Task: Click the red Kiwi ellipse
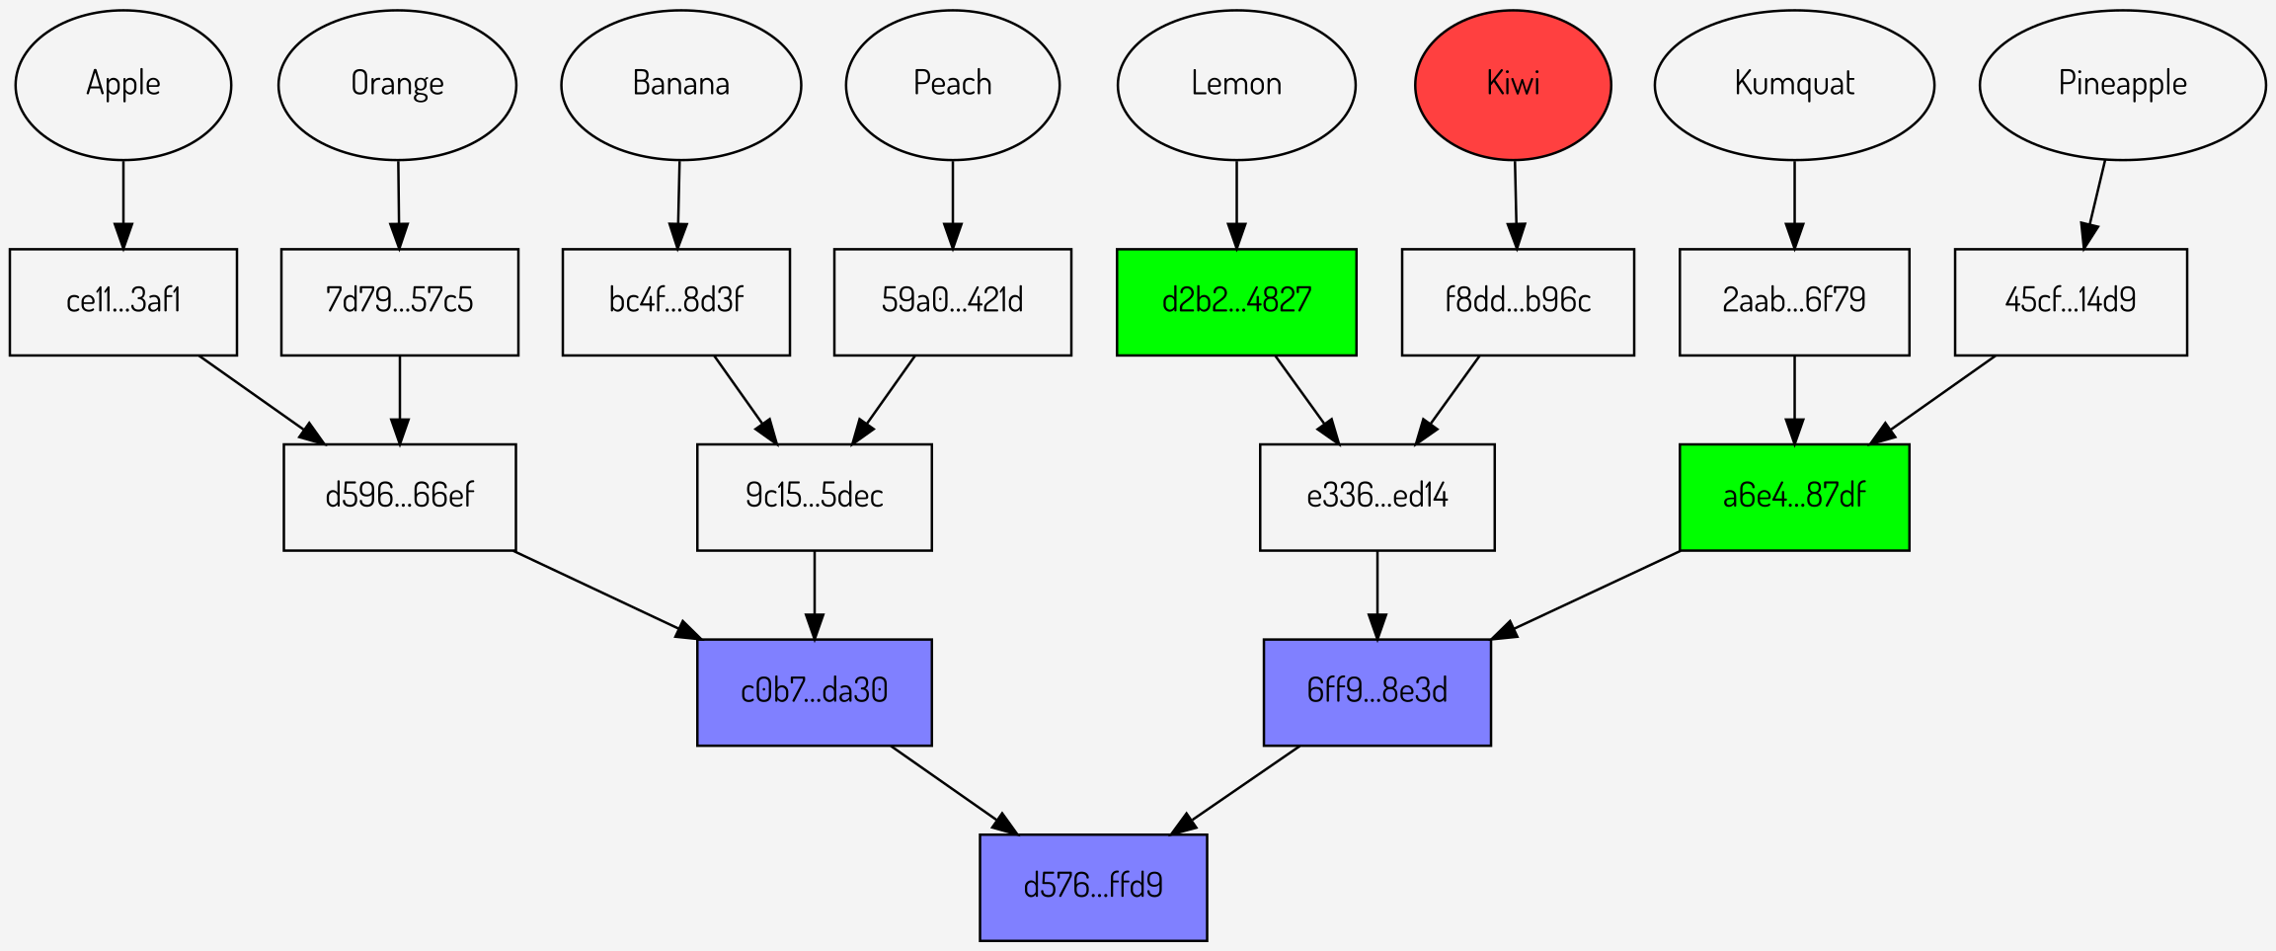point(1513,85)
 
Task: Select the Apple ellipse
point(123,85)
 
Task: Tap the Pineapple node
point(2122,85)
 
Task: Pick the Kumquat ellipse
point(1794,85)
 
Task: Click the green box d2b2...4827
point(1236,302)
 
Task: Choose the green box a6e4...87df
point(1794,497)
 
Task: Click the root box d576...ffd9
point(1093,887)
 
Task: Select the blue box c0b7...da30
point(814,691)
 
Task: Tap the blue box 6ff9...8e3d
point(1376,691)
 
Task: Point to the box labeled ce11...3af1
point(123,302)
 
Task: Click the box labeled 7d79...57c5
point(399,302)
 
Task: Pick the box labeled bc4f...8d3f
point(676,302)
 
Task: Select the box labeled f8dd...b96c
point(1518,302)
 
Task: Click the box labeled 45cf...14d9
point(2071,302)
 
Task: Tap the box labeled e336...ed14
point(1376,497)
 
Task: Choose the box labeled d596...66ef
point(399,497)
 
